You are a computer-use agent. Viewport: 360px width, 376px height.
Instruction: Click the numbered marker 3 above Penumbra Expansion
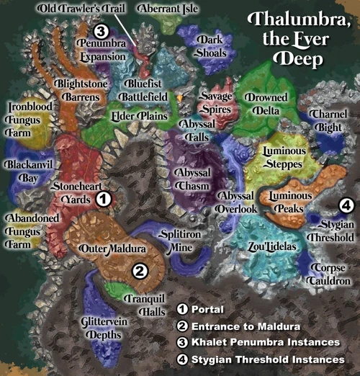102,31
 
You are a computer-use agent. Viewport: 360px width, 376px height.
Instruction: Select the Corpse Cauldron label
329,274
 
